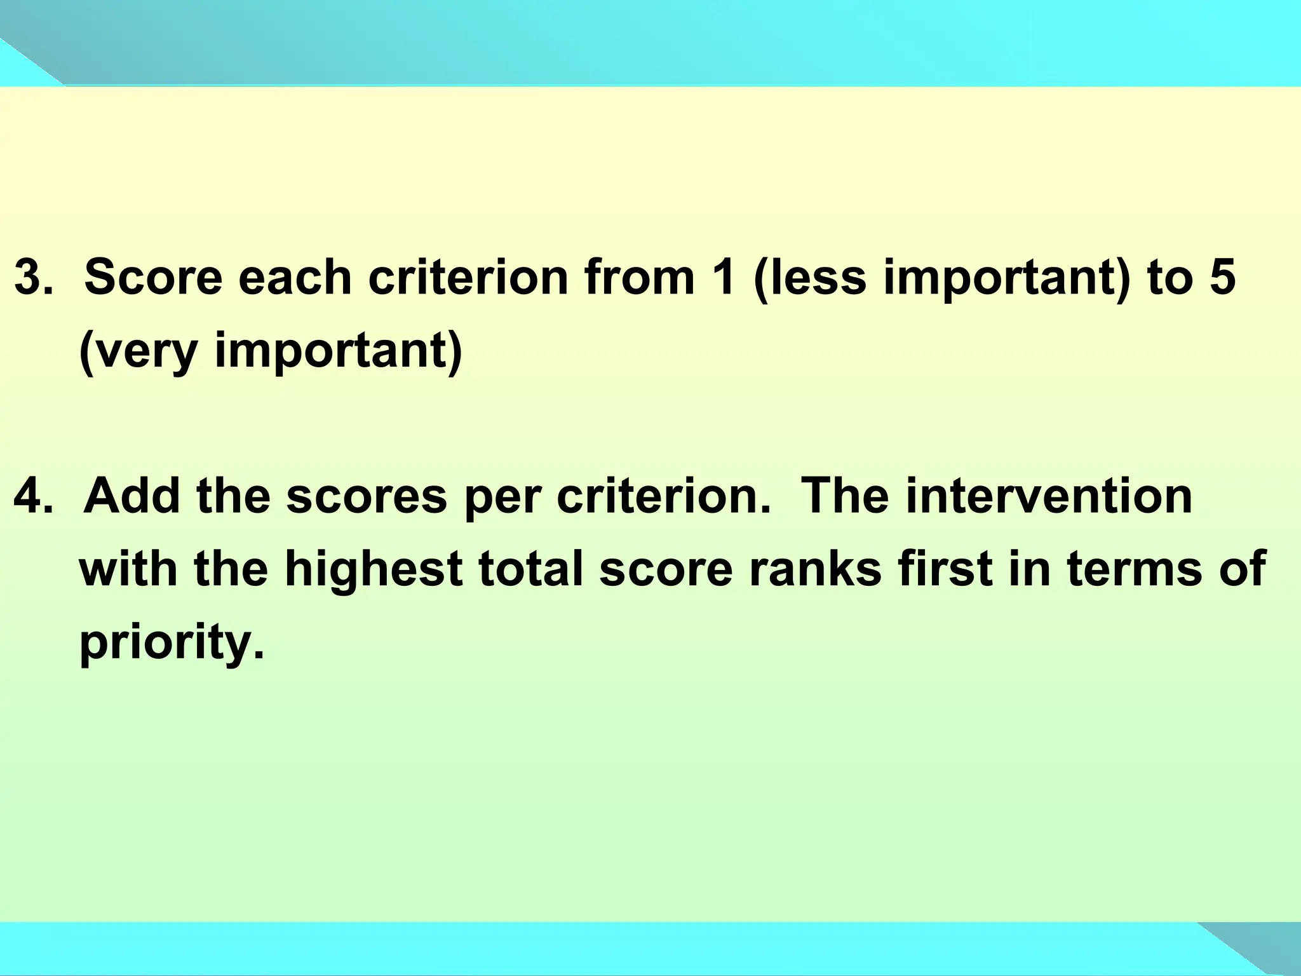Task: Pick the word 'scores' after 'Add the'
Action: (x=367, y=497)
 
